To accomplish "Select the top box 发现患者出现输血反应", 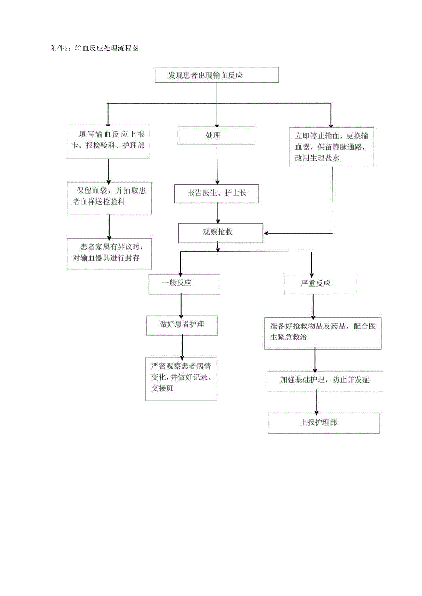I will point(217,75).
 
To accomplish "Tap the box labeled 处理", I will point(216,136).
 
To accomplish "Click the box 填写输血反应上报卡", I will point(108,142).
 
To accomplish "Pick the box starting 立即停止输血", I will point(332,147).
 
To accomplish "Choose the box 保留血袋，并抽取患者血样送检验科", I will point(109,198).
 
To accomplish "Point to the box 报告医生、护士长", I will point(217,193).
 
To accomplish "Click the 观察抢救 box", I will point(221,233).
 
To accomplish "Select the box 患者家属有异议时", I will point(109,254).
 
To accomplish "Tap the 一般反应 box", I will point(184,284).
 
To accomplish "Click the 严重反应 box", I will point(320,284).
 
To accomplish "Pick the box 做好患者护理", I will point(182,325).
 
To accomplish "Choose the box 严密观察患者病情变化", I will point(181,379).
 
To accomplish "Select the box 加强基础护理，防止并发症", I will point(325,381).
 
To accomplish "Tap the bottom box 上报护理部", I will point(324,423).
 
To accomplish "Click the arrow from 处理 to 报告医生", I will point(217,165).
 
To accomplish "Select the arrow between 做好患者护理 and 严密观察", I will point(182,347).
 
